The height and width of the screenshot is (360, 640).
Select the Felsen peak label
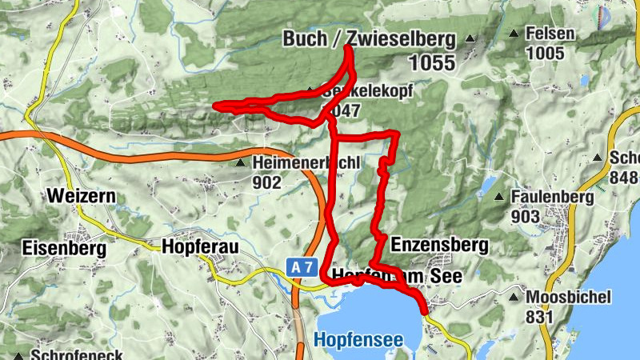click(550, 35)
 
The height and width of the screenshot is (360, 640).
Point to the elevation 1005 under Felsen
click(545, 54)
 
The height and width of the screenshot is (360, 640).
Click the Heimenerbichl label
click(307, 163)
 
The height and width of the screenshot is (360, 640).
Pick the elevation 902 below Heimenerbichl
click(267, 182)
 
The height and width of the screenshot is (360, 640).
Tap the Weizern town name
click(82, 196)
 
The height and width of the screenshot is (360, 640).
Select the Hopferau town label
click(200, 247)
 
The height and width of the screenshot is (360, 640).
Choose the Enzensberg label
click(435, 241)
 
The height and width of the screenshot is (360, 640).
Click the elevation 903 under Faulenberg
click(526, 216)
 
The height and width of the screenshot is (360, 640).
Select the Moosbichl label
click(568, 297)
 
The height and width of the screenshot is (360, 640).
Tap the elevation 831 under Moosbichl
click(540, 316)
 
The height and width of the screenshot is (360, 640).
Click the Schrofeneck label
click(77, 354)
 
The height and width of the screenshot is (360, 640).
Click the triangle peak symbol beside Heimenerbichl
click(241, 163)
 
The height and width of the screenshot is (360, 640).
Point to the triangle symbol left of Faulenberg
click(498, 197)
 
